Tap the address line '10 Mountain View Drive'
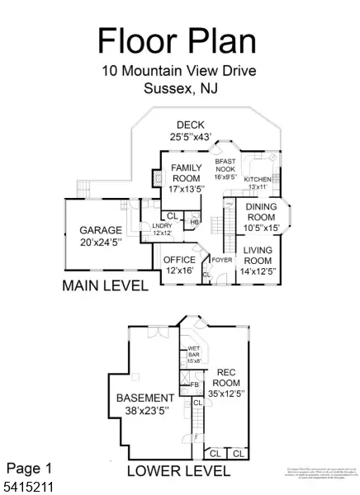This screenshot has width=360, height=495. click(179, 71)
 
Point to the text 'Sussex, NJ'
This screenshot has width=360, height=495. click(179, 89)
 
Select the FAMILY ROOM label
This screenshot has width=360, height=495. click(186, 177)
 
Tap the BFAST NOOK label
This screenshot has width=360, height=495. click(225, 167)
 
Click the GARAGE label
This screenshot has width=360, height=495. click(100, 235)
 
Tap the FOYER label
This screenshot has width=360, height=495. click(222, 260)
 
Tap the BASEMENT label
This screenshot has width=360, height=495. click(144, 403)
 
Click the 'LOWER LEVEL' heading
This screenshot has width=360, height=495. click(178, 471)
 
